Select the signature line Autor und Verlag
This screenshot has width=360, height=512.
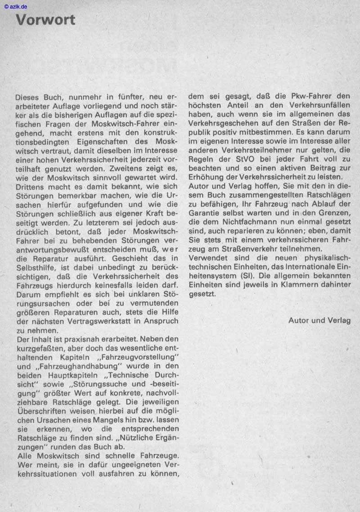319,320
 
